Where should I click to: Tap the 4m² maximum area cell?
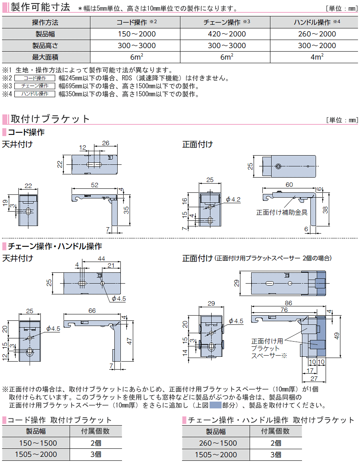coord(317,57)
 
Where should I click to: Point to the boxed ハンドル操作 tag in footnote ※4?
coord(35,94)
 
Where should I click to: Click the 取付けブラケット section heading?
coord(50,119)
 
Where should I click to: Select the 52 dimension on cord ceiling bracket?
coord(95,185)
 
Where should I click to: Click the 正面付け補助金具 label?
coord(282,212)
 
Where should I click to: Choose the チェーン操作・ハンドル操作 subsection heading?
coord(55,246)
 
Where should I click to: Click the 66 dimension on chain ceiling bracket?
coord(92,310)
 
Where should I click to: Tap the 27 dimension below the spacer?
coord(314,378)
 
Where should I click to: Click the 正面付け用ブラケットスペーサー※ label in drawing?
coord(267,348)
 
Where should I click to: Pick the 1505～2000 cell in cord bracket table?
coord(36,454)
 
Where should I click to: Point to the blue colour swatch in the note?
coord(215,405)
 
